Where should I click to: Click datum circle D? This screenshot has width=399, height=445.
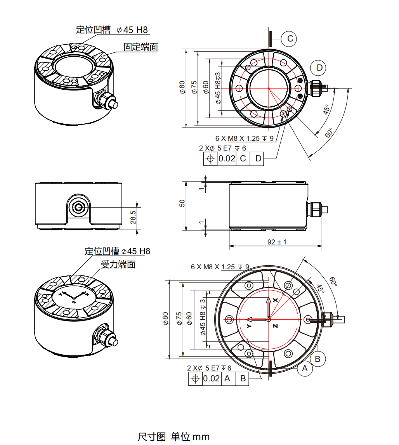pos(319,68)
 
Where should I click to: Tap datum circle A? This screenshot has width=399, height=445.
pos(305,368)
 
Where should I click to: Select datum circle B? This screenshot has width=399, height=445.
pos(317,358)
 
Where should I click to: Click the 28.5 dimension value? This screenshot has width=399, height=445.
pos(133,217)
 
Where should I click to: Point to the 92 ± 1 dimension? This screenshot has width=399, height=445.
pos(277,242)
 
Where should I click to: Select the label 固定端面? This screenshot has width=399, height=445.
pos(141,47)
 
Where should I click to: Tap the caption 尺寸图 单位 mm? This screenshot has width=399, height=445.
pos(173,436)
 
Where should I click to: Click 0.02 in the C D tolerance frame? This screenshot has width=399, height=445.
pos(227,158)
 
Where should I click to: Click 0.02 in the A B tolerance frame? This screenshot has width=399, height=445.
pos(212,379)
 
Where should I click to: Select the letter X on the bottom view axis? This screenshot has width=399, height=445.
pos(275,300)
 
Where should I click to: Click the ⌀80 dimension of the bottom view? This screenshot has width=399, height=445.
pos(166,318)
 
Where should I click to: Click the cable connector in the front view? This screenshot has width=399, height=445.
pos(79,208)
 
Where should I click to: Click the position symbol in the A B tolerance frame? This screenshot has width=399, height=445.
pos(195,379)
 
